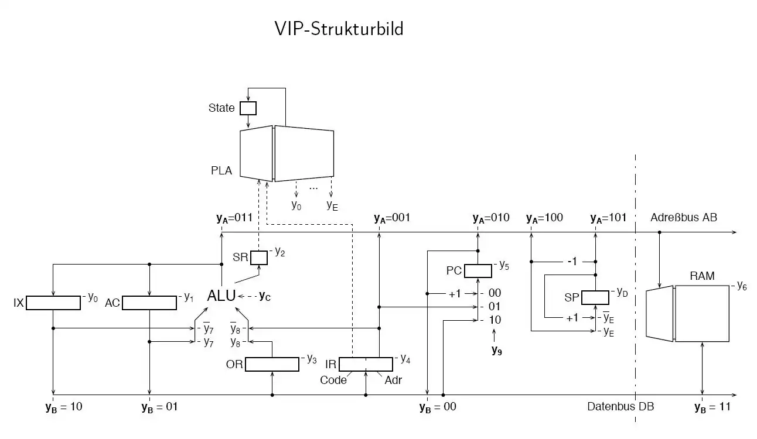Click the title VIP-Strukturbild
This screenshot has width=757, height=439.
click(x=339, y=28)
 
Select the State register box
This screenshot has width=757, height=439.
click(x=248, y=108)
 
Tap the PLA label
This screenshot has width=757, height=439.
click(x=221, y=171)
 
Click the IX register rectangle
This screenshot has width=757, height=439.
click(x=53, y=303)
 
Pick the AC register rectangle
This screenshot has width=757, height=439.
click(x=149, y=303)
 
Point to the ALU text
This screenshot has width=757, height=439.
click(x=221, y=296)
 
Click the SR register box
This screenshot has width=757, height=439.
click(x=259, y=258)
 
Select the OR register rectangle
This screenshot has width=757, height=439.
click(x=272, y=364)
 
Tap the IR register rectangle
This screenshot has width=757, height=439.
click(x=366, y=364)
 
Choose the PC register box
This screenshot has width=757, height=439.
click(x=478, y=271)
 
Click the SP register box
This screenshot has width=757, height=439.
click(x=595, y=297)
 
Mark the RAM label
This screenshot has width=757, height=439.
click(x=702, y=276)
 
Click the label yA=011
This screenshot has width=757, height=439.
click(x=234, y=218)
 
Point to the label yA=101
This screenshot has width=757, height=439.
click(x=608, y=218)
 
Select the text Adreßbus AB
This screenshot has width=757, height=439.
click(x=684, y=218)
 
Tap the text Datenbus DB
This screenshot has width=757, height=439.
click(x=620, y=407)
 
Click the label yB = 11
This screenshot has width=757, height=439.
click(x=712, y=407)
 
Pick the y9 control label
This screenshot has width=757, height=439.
click(x=497, y=351)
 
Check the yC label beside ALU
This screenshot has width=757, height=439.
click(x=265, y=296)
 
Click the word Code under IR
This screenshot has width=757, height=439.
click(x=333, y=380)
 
